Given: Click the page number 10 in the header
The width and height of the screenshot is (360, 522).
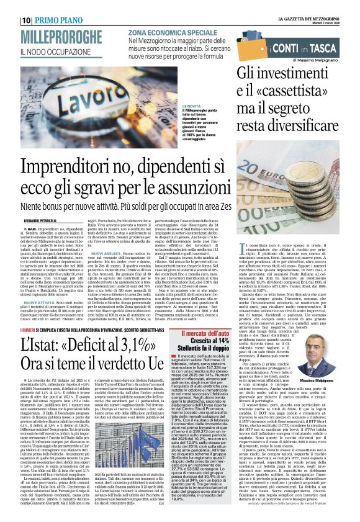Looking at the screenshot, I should [9, 20].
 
